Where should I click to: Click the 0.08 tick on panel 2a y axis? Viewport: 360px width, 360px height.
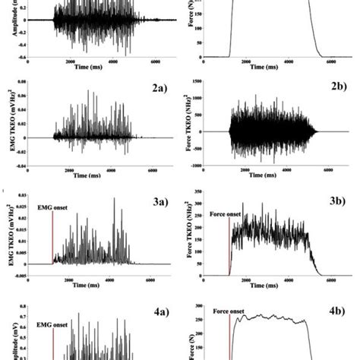click(x=25, y=81)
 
